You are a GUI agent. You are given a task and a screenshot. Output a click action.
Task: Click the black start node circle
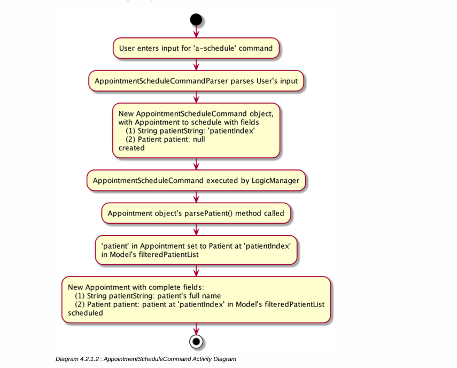(x=196, y=20)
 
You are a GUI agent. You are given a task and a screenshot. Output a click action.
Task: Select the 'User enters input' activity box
(x=196, y=48)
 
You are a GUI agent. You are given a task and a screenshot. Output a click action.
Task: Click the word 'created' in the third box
(x=131, y=148)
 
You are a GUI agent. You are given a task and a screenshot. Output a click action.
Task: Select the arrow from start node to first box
(x=196, y=32)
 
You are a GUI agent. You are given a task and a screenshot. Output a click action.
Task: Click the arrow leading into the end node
(x=196, y=328)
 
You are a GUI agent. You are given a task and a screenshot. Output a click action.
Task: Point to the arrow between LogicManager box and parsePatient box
(x=196, y=197)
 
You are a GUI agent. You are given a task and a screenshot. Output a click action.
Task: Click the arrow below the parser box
(x=196, y=97)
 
